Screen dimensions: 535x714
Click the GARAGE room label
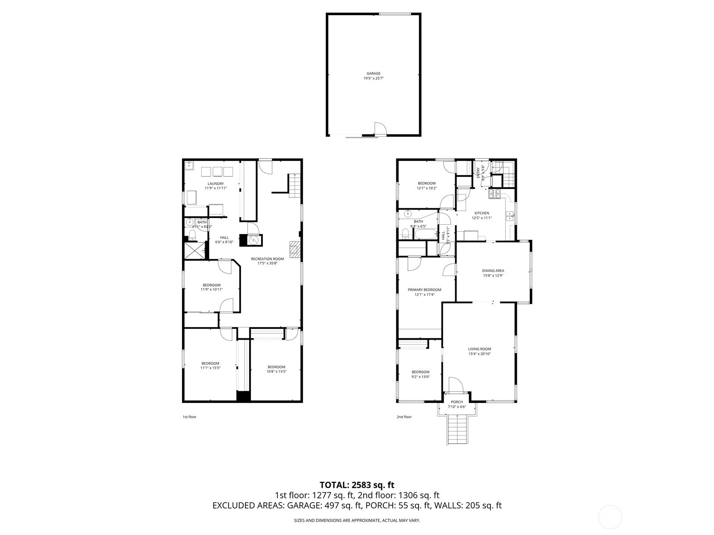pos(374,74)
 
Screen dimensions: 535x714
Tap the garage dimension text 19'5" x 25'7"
pos(374,78)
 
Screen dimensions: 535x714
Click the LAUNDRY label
pos(216,184)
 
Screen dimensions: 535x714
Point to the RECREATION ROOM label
pos(267,259)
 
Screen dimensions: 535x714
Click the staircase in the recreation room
pos(294,185)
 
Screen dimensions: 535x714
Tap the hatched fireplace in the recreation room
pos(295,250)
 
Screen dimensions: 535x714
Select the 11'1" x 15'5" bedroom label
pos(210,366)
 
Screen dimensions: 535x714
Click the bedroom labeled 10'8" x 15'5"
pos(276,369)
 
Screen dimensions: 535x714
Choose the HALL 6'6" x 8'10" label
pos(224,240)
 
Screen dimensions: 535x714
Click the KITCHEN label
pos(482,213)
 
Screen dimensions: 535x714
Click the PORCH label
pos(457,402)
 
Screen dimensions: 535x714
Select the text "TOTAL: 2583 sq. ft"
pos(357,485)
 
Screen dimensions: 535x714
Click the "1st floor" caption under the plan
pos(189,417)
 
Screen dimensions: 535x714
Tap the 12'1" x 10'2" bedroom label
pos(427,185)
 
